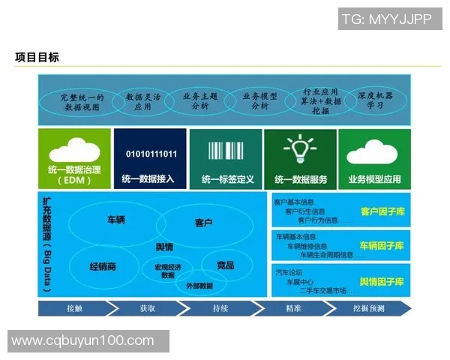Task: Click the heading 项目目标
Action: coord(37,58)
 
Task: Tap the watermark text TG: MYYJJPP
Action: coord(386,19)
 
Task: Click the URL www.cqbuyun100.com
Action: coord(82,341)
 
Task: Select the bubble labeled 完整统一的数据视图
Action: coord(82,102)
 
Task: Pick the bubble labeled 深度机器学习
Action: coord(375,101)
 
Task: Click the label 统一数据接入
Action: coord(149,180)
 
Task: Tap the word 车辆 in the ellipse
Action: coord(116,220)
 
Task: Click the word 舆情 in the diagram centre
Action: coord(164,247)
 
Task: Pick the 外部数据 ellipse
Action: coord(194,286)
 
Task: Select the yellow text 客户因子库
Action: coord(382,212)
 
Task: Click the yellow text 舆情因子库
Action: coord(382,282)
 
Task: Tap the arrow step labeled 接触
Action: coord(74,308)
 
